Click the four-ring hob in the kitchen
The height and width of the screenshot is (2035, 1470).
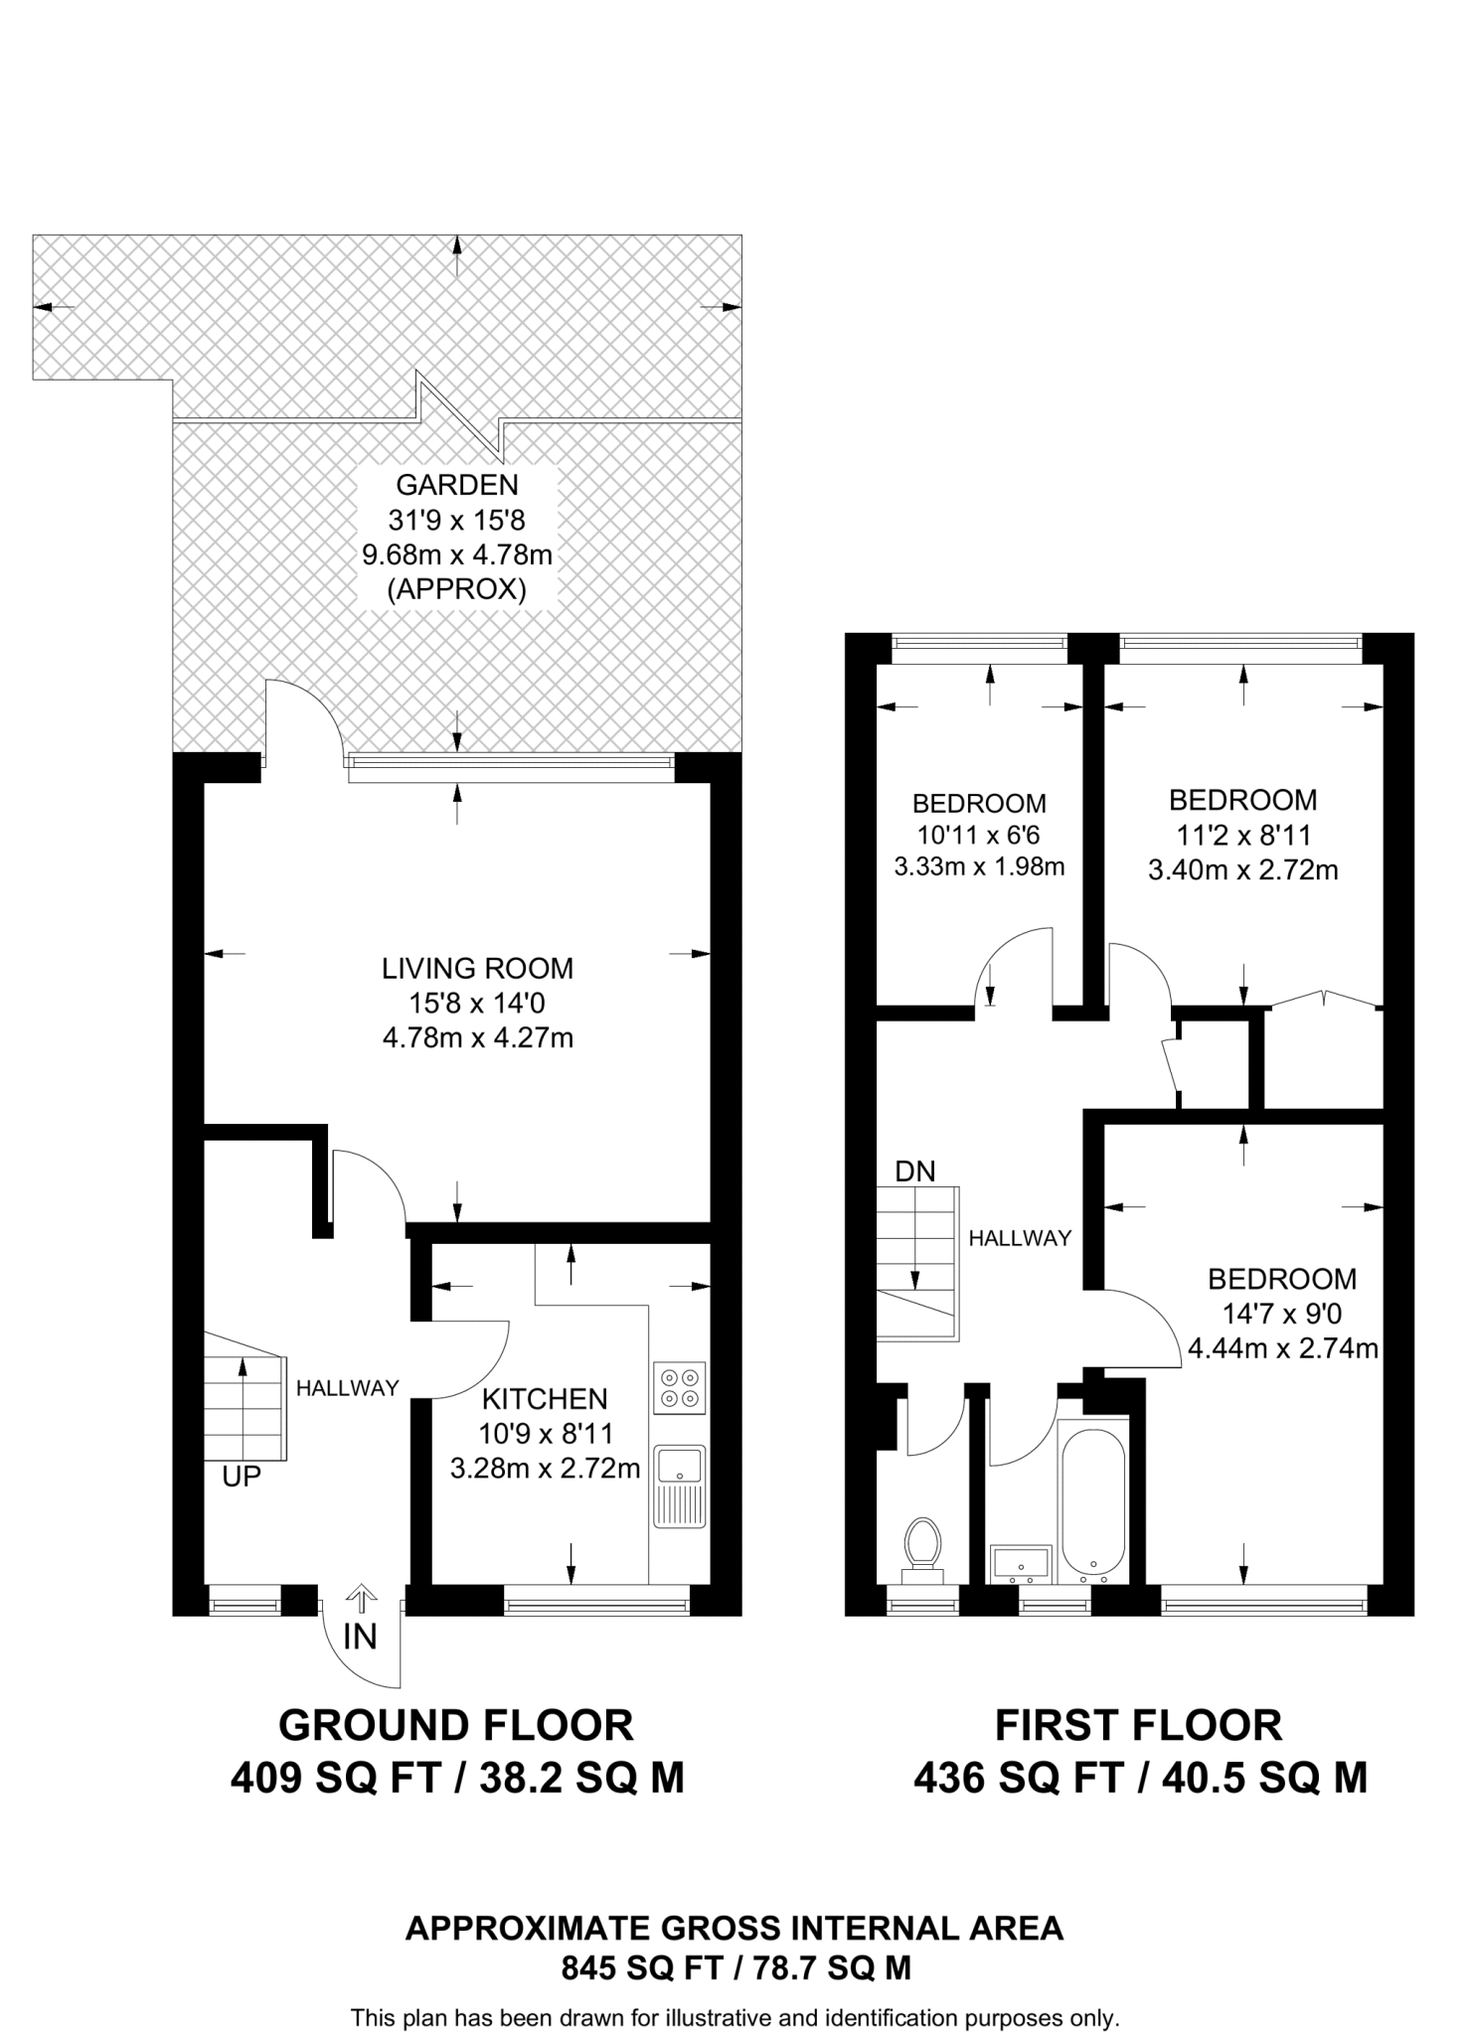[680, 1388]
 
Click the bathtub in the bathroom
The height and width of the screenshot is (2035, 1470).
[1093, 1500]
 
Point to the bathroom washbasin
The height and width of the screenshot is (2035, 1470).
[1021, 1564]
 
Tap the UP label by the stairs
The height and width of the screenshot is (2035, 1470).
[242, 1478]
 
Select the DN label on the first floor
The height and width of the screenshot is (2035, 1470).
[915, 1172]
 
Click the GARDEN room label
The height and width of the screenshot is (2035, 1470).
[457, 485]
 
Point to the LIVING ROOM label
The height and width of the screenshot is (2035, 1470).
[478, 968]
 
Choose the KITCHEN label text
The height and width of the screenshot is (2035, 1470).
[545, 1399]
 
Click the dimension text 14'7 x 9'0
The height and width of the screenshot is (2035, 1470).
[1282, 1314]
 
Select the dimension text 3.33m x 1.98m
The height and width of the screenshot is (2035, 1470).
[980, 866]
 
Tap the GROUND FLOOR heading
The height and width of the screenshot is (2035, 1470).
[456, 1726]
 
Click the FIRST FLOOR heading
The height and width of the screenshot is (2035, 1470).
[1139, 1726]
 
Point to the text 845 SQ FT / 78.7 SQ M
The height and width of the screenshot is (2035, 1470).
[735, 1967]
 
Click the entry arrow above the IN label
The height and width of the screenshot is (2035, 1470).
[360, 1600]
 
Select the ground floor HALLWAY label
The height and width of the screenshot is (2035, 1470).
[348, 1388]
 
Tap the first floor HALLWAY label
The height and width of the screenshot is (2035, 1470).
[1021, 1238]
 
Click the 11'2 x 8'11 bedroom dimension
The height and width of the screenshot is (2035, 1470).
[1243, 835]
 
